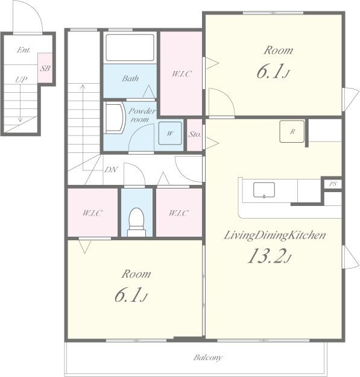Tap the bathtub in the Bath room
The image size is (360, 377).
(130, 48)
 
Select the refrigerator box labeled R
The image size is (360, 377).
(292, 131)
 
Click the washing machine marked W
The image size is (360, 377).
(170, 133)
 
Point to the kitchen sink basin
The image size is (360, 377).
(264, 190)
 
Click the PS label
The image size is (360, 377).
(333, 184)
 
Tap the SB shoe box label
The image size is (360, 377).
(45, 69)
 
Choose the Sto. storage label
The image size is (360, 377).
(194, 134)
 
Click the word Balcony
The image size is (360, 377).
(207, 358)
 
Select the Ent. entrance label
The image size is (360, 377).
(24, 50)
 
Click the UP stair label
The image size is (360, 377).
(21, 79)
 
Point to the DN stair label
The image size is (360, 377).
(111, 170)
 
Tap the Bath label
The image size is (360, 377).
(130, 78)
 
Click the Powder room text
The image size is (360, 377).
(142, 115)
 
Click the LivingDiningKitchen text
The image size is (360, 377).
(275, 235)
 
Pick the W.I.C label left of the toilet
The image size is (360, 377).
(92, 213)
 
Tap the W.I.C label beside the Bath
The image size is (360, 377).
(182, 74)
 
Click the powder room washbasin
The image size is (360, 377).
(115, 117)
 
